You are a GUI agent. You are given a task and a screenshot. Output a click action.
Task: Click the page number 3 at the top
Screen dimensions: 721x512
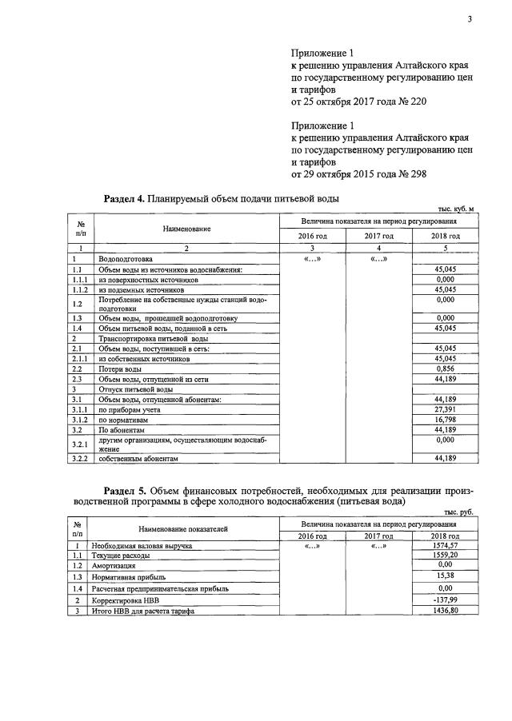470,21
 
